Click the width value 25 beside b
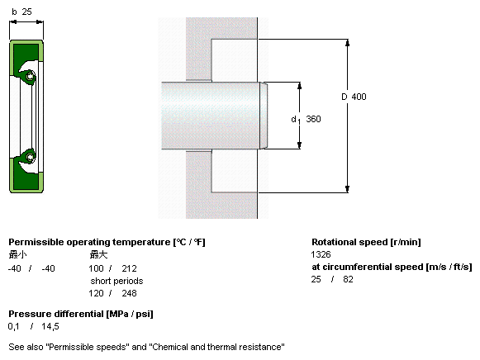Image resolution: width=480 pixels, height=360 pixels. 26,12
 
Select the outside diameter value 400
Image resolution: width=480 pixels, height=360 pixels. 359,97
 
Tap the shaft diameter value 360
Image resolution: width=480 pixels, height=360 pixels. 313,119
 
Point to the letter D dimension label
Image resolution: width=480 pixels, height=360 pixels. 345,97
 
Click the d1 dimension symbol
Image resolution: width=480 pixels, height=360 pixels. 296,120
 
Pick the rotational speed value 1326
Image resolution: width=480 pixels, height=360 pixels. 321,254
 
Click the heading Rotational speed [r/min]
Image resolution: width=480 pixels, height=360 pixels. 366,242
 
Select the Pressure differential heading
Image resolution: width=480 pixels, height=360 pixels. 81,314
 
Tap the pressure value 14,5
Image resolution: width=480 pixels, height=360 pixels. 50,326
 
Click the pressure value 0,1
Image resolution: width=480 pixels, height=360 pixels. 13,326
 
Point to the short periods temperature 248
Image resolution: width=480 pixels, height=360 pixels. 129,293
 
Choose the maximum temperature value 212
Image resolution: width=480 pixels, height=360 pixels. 129,268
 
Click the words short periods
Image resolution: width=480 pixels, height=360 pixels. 116,281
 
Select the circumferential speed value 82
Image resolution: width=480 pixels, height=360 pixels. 348,279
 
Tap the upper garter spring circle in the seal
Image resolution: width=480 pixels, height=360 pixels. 30,75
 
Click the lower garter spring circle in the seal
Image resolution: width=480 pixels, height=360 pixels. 30,157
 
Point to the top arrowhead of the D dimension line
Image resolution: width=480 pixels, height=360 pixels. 347,42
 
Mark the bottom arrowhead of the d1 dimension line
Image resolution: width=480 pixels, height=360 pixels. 299,145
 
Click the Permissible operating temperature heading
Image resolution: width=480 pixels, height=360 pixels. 107,242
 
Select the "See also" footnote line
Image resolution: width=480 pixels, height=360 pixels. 146,347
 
